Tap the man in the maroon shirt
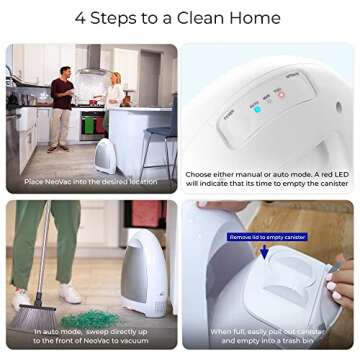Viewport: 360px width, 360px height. click(x=61, y=101)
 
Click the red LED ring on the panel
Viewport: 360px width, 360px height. click(x=282, y=95)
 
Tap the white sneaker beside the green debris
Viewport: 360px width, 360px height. click(x=71, y=292)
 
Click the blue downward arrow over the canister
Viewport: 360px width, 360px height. click(x=265, y=252)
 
